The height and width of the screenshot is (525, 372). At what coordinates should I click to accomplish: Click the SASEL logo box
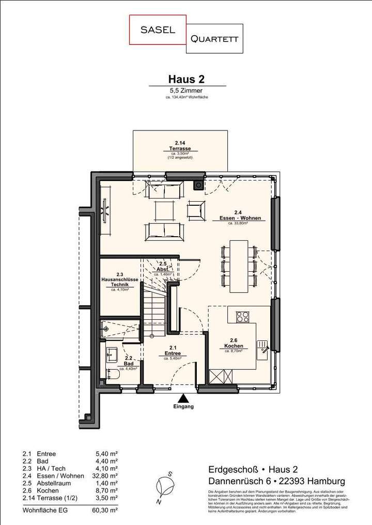point(158,30)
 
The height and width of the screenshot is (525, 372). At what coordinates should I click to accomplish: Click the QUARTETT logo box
point(214,39)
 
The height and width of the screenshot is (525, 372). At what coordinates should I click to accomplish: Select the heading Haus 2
point(186,79)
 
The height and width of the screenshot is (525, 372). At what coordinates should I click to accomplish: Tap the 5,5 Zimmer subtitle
point(186,90)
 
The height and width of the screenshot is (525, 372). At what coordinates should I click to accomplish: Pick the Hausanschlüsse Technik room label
point(119,281)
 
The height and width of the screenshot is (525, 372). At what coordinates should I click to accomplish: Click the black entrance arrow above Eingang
point(183,398)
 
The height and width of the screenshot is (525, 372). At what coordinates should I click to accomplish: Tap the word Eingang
point(183,407)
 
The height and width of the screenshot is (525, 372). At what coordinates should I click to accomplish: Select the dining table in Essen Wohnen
point(239,266)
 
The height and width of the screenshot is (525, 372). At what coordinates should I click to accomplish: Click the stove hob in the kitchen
point(243,316)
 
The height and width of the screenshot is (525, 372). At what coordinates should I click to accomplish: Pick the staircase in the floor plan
point(154,309)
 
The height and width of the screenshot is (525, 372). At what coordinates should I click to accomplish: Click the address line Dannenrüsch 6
point(276,481)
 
